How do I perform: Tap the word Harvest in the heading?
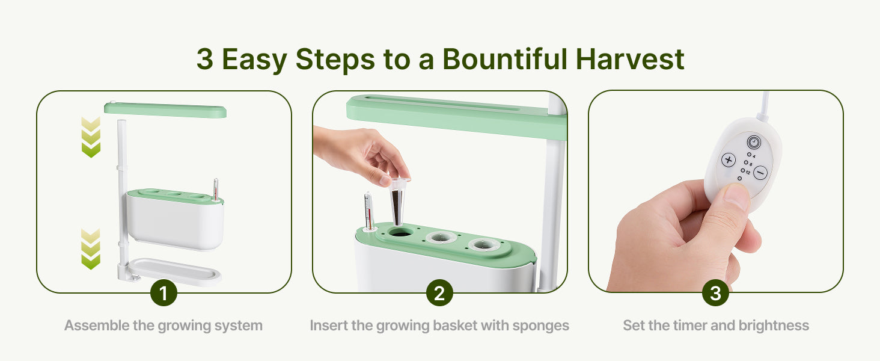coord(630,59)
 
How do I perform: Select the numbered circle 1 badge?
coord(164,293)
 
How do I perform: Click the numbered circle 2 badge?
coord(439,293)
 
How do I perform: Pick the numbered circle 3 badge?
coord(715,293)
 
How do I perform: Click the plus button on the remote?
coord(729,160)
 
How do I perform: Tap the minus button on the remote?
coord(760,173)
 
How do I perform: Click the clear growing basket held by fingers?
coord(399,200)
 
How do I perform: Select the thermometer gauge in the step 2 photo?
coord(368,211)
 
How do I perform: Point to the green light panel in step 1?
coord(165,110)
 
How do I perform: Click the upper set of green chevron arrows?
coord(91,137)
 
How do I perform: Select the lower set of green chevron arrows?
coord(91,249)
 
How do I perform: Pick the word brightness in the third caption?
coord(774,326)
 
